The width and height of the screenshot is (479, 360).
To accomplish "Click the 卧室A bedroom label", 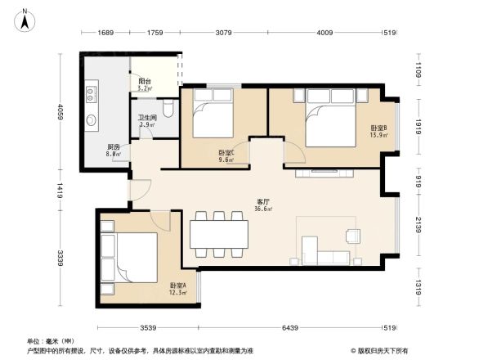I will pyautogui.click(x=177, y=286).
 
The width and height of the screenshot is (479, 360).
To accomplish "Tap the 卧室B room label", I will pyautogui.click(x=378, y=128).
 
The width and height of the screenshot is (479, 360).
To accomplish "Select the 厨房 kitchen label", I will pyautogui.click(x=114, y=148).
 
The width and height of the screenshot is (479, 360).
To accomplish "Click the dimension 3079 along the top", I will pyautogui.click(x=224, y=34).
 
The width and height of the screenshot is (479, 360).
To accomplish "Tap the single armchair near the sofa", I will pyautogui.click(x=353, y=236).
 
